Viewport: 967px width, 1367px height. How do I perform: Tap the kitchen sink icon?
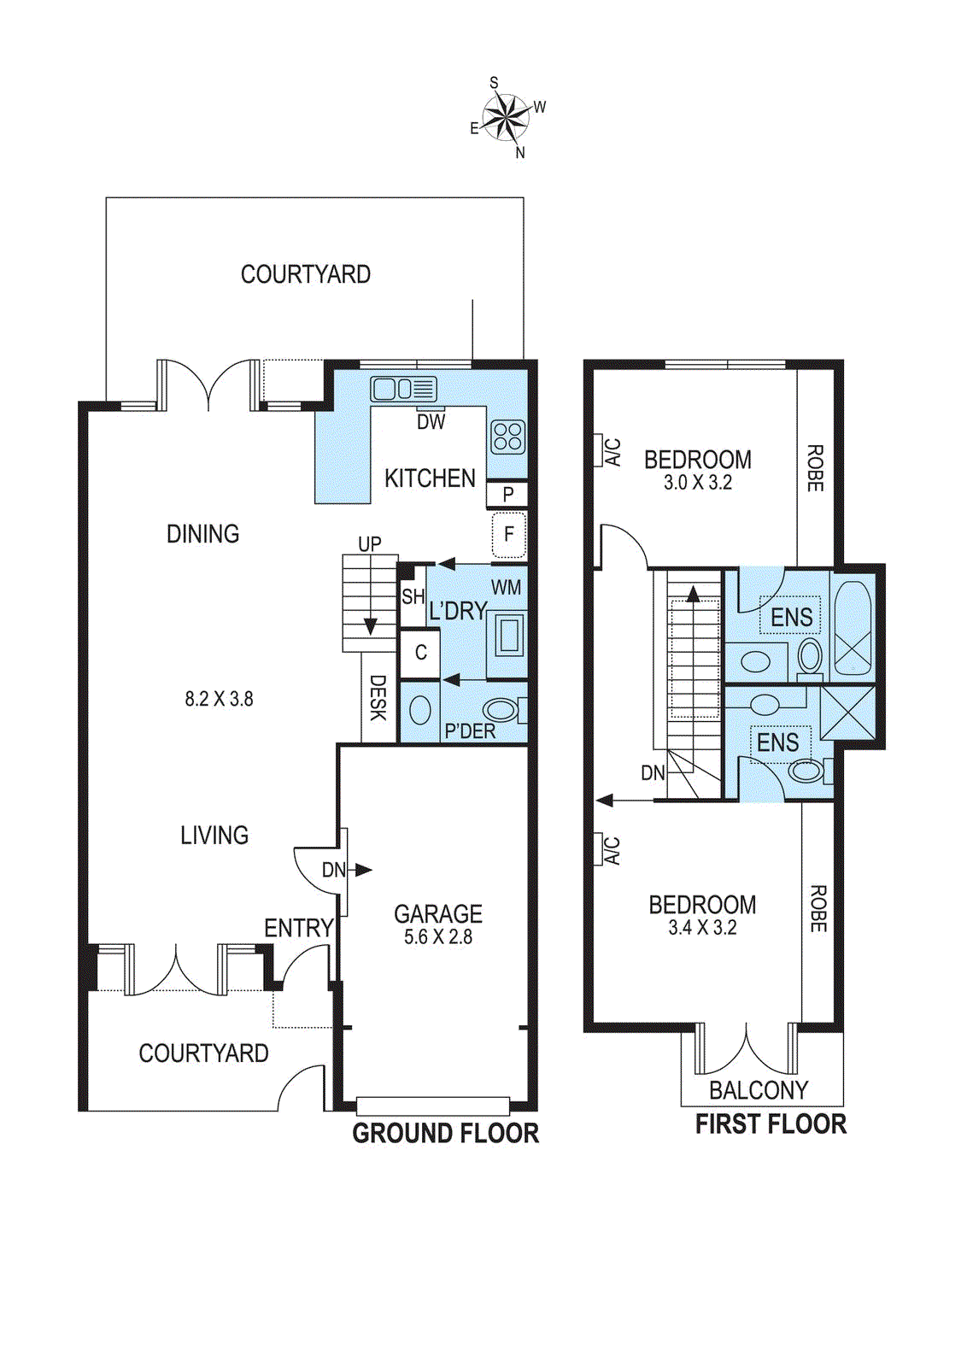[403, 390]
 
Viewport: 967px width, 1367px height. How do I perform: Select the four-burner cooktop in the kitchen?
[507, 437]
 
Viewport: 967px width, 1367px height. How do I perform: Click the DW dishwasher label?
[431, 421]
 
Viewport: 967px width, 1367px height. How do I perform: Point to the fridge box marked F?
[509, 535]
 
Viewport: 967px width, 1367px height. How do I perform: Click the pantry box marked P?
[507, 494]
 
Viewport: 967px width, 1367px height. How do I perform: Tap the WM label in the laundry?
[506, 588]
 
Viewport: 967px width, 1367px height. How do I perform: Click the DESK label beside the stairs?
[378, 698]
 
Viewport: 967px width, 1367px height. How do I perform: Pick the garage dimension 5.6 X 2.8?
[438, 937]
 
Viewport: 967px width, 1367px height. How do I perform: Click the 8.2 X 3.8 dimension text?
[219, 699]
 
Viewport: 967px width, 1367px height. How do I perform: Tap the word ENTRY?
[298, 928]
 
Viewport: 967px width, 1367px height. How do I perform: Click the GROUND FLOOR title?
[445, 1134]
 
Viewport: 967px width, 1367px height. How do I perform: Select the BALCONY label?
[759, 1090]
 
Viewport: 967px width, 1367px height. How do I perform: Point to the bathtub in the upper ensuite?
[853, 628]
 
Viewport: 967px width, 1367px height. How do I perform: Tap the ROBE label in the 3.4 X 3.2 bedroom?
[818, 908]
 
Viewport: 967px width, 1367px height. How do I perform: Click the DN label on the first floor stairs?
[653, 773]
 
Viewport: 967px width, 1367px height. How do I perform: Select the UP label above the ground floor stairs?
[370, 544]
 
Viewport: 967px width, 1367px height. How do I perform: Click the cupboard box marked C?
[420, 653]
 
